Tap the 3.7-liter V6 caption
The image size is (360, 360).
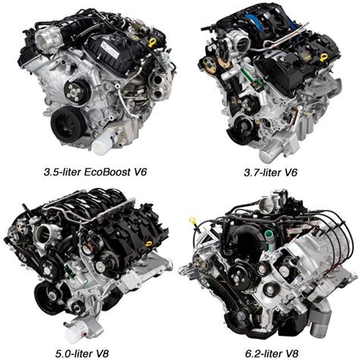[x=270, y=172]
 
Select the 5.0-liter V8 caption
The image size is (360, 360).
[x=83, y=353]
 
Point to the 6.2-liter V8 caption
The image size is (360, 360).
[x=272, y=353]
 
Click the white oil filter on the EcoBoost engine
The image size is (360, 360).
[x=105, y=144]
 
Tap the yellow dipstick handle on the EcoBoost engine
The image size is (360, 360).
[x=152, y=43]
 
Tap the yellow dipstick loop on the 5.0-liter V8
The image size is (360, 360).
[x=149, y=244]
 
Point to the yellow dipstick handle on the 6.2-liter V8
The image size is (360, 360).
[x=192, y=219]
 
